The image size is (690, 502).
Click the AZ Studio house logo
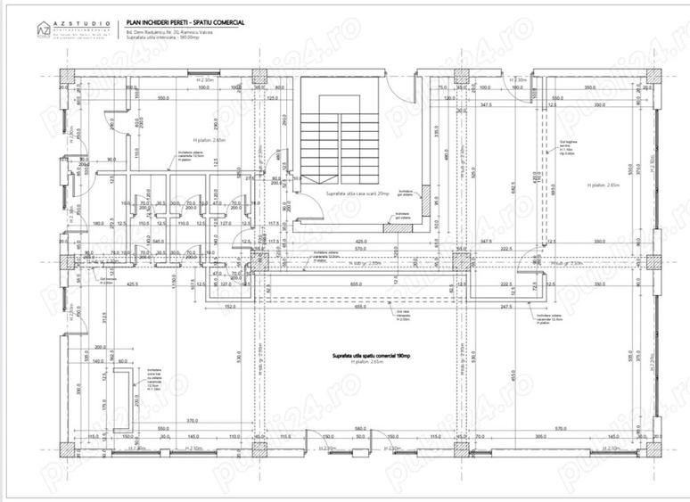coord(43,29)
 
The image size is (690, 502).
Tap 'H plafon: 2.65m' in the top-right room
coord(603,185)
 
